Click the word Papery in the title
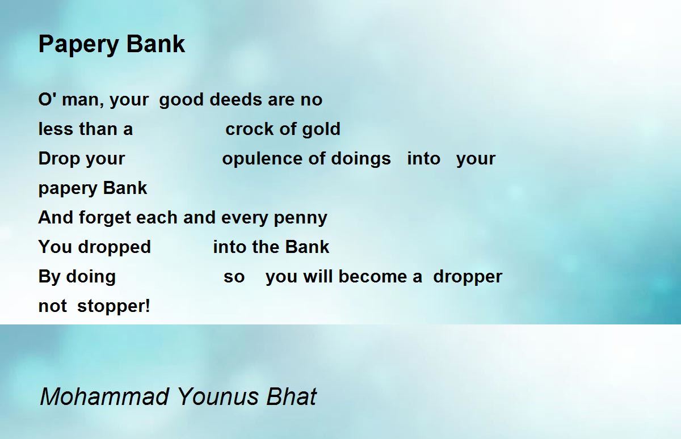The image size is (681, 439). (x=78, y=45)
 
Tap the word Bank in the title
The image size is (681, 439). (x=155, y=44)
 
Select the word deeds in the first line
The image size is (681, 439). (x=236, y=99)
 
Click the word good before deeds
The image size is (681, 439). (x=181, y=100)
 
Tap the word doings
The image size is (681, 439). (x=360, y=159)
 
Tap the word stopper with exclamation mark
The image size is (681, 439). (x=113, y=306)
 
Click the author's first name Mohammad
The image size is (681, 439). (x=104, y=396)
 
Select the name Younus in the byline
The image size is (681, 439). (x=217, y=396)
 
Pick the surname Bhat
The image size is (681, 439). (x=291, y=396)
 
